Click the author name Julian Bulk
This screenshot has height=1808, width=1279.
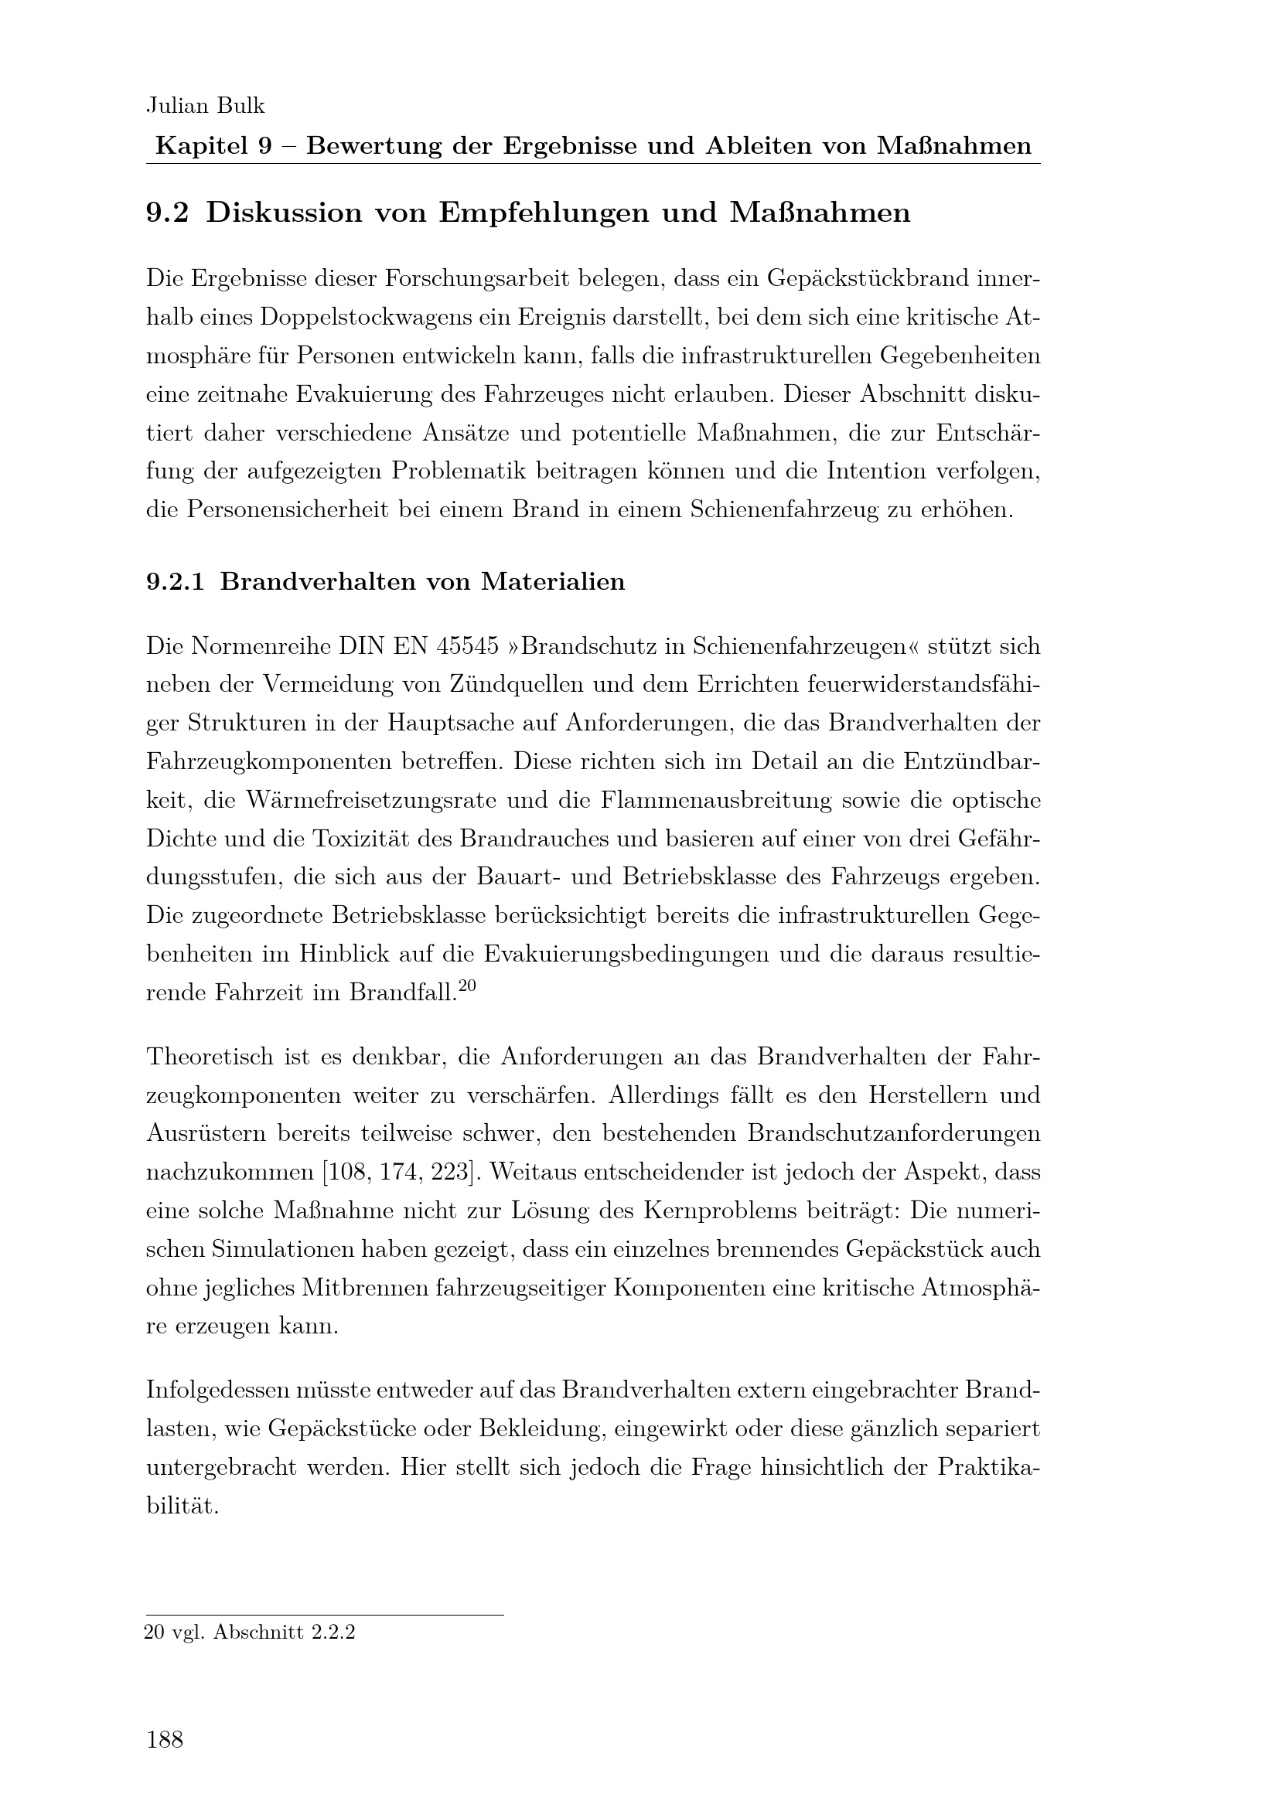206,106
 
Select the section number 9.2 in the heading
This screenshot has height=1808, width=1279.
167,213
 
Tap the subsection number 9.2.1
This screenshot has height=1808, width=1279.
175,582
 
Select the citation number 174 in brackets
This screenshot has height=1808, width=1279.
399,1173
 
